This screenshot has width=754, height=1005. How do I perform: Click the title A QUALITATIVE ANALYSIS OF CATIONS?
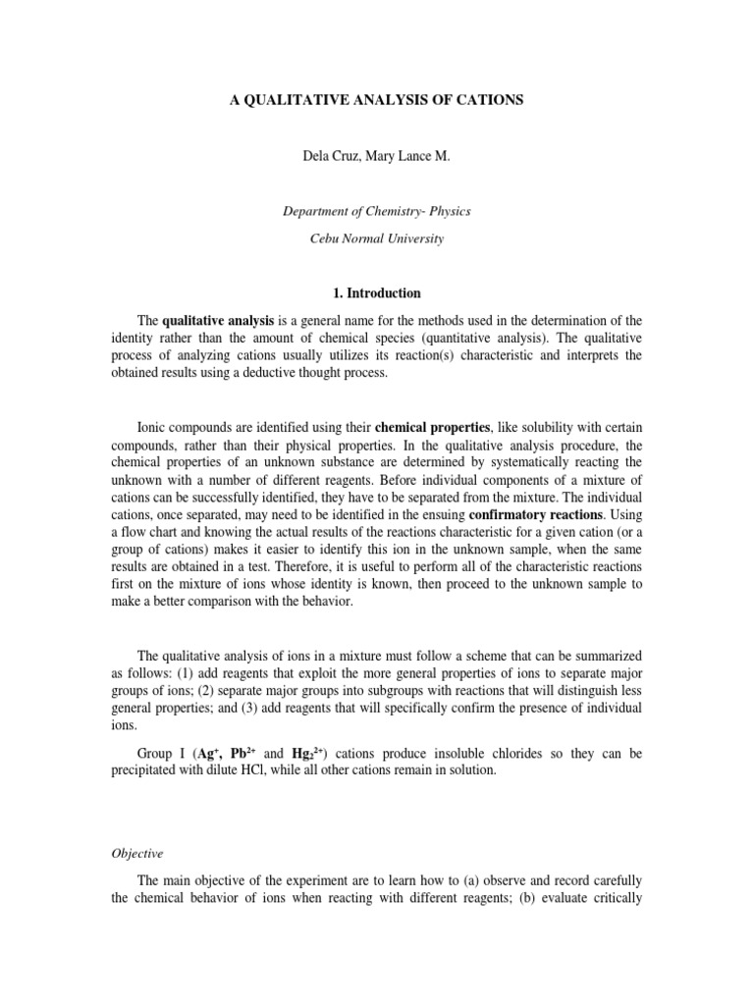coord(377,100)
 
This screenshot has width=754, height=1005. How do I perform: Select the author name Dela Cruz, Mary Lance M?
coord(377,156)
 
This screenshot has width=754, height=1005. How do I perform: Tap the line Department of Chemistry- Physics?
coord(377,211)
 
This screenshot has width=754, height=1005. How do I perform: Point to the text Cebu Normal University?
coord(377,238)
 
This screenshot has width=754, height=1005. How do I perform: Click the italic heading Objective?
coord(136,855)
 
